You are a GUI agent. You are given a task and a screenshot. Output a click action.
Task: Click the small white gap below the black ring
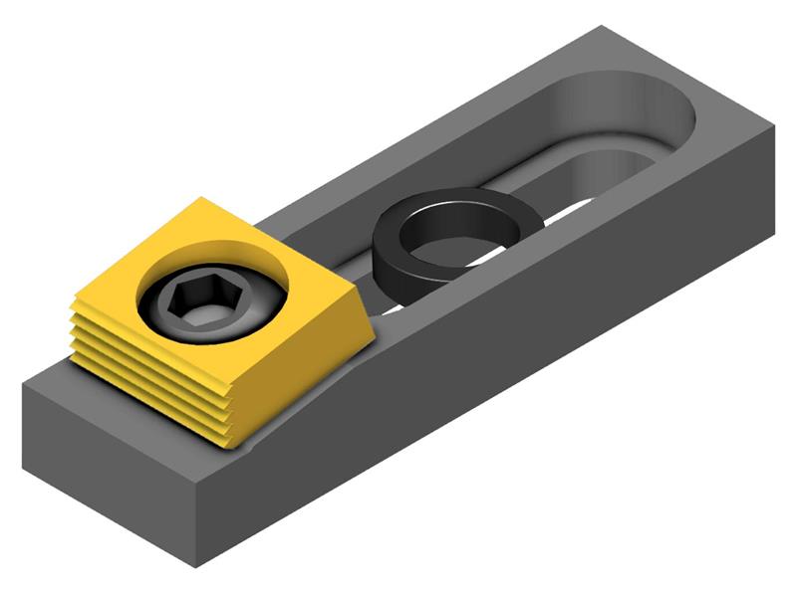click(394, 307)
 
